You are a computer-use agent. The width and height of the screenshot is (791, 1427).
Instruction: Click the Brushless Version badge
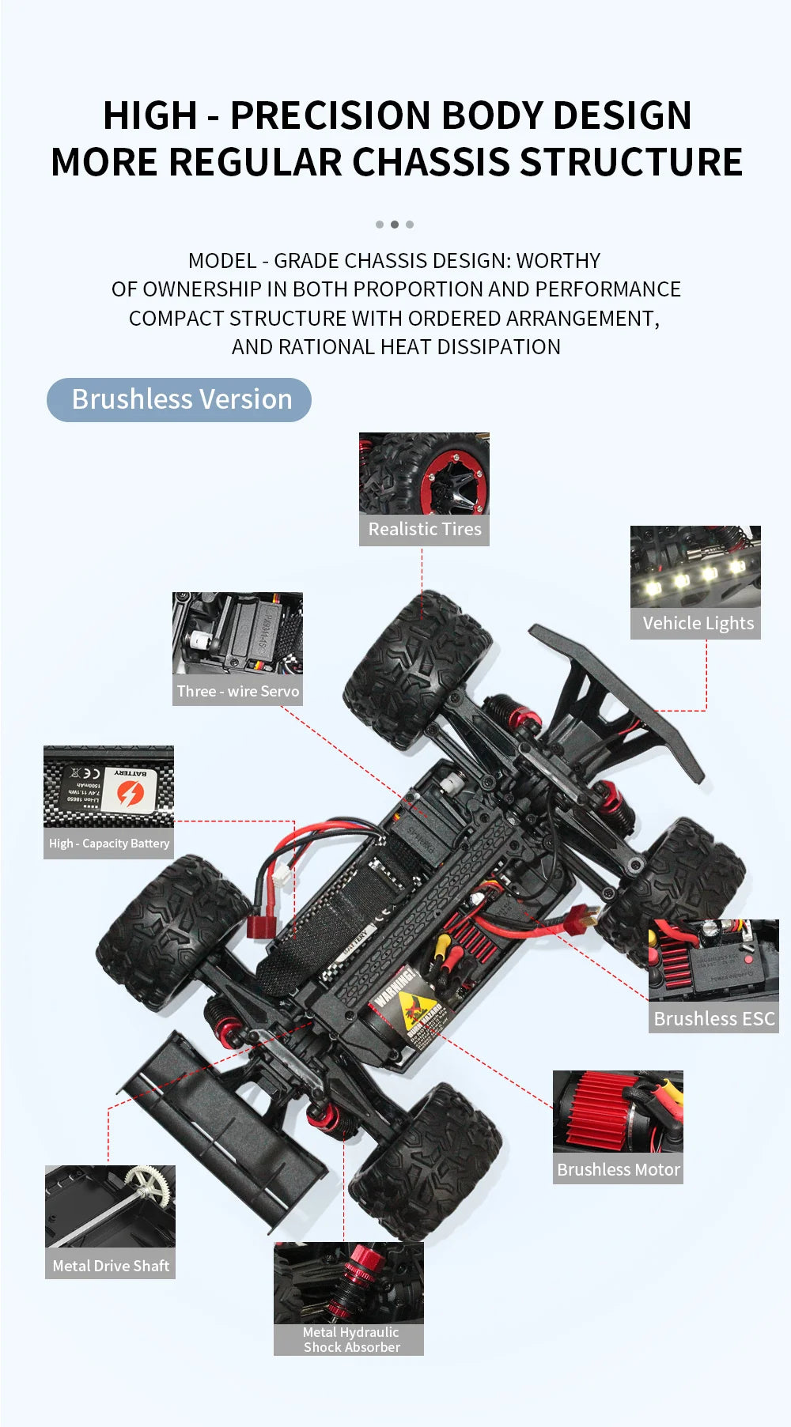[x=180, y=400]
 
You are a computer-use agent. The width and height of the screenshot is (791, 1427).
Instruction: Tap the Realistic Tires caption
[x=425, y=529]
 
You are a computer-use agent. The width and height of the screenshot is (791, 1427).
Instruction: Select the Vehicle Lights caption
[x=697, y=623]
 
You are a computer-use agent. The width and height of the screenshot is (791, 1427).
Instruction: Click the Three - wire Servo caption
[x=238, y=691]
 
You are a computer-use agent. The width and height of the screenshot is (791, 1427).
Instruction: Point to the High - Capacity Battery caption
[x=109, y=844]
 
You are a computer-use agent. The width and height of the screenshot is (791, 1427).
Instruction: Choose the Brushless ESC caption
[x=713, y=1018]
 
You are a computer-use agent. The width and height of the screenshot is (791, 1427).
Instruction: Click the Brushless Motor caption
[x=618, y=1169]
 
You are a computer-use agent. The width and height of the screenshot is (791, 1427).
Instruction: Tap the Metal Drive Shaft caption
[x=111, y=1266]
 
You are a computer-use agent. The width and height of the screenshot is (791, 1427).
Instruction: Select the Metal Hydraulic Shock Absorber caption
[x=350, y=1339]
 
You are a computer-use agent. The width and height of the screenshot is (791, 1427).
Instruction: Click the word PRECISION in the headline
[x=331, y=115]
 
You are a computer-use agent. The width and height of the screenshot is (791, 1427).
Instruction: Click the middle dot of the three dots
[x=394, y=225]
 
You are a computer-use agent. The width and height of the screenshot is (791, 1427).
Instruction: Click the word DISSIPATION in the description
[x=498, y=347]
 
